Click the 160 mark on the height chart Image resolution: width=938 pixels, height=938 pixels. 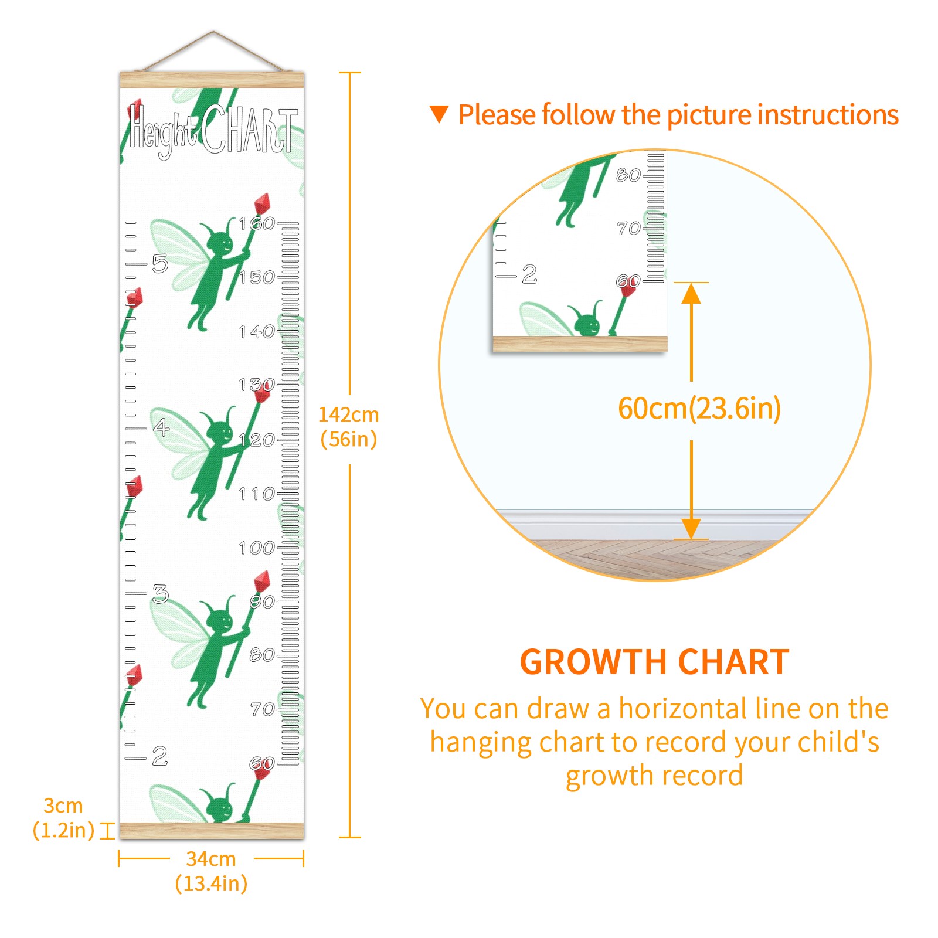pyautogui.click(x=257, y=223)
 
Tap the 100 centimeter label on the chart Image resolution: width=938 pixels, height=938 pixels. pyautogui.click(x=257, y=548)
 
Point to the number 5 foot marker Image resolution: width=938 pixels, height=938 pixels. pyautogui.click(x=160, y=264)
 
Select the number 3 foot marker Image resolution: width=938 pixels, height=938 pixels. pyautogui.click(x=160, y=594)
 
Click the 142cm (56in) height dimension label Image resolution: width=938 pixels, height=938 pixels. pyautogui.click(x=349, y=427)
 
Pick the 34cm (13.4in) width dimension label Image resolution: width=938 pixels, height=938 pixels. pyautogui.click(x=211, y=871)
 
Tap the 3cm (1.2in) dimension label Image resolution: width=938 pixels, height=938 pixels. pyautogui.click(x=63, y=818)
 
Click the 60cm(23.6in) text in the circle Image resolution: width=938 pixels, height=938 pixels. pyautogui.click(x=699, y=409)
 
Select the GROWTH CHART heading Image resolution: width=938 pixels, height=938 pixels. pyautogui.click(x=654, y=662)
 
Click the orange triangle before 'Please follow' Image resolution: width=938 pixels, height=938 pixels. pyautogui.click(x=439, y=114)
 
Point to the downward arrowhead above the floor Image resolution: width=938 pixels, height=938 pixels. pyautogui.click(x=691, y=529)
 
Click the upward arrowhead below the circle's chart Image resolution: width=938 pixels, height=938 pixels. pyautogui.click(x=691, y=293)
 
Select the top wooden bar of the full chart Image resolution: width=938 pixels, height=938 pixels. pyautogui.click(x=212, y=80)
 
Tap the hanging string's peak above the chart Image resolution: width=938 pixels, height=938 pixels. pyautogui.click(x=213, y=32)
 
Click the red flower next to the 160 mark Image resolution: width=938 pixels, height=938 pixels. pyautogui.click(x=262, y=203)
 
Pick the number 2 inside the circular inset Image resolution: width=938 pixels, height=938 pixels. pyautogui.click(x=529, y=274)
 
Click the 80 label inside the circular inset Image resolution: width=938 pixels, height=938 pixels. pyautogui.click(x=628, y=175)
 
